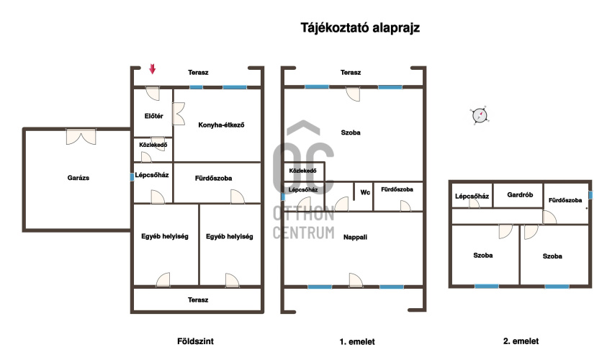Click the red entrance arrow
153,69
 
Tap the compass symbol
480,115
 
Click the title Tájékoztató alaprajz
360,28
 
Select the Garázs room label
78,178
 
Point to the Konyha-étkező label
221,125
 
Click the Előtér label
153,116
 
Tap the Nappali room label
355,238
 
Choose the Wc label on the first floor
365,192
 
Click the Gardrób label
520,194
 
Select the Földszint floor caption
195,341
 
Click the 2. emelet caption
521,341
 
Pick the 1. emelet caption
357,341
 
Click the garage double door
81,137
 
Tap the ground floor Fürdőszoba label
213,178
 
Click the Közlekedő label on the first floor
302,171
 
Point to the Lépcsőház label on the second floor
472,197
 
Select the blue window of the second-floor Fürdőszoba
590,194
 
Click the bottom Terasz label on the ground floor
198,300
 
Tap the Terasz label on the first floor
351,73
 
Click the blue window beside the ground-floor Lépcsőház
132,177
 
